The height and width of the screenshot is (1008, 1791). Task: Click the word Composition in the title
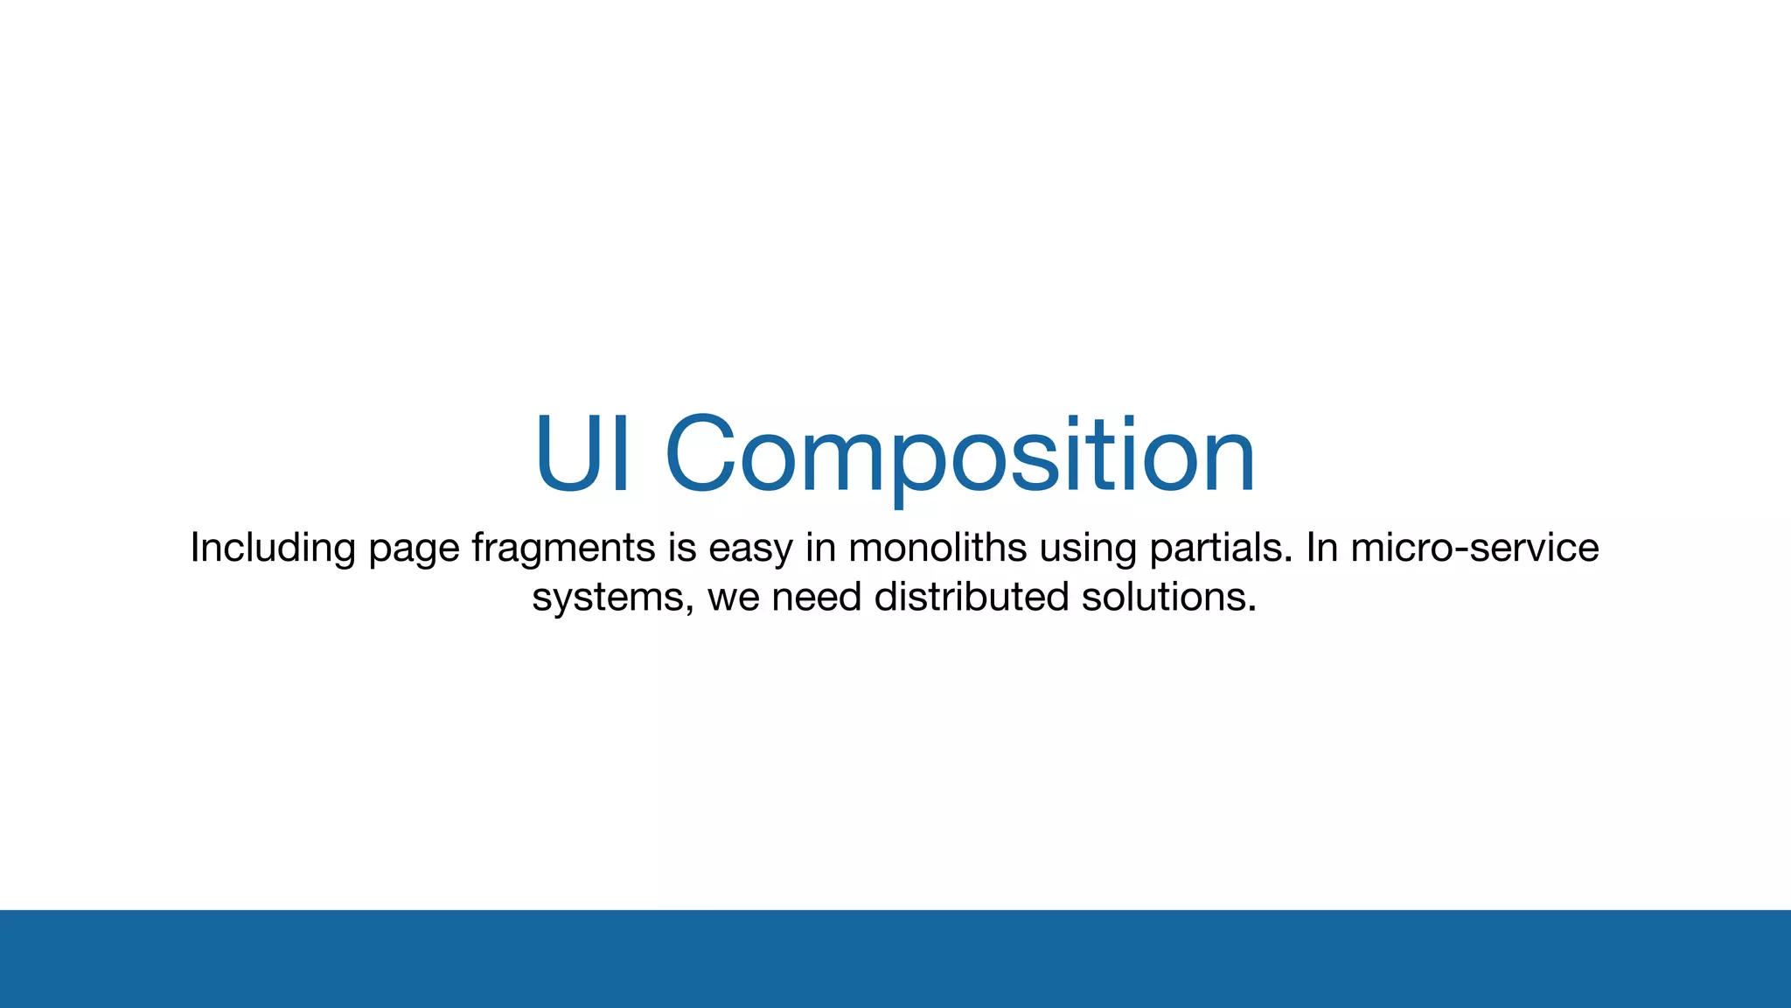coord(959,455)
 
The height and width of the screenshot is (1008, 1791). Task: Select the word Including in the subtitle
coord(272,549)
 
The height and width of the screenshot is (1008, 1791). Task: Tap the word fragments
coord(563,549)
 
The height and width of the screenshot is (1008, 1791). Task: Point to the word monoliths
coord(937,548)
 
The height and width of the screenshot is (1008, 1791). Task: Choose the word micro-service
coord(1474,548)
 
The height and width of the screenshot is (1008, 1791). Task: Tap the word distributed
coord(971,597)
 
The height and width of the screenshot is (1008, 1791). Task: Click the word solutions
coord(1168,597)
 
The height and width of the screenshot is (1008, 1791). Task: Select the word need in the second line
coord(817,597)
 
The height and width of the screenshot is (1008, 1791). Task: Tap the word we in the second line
coord(733,598)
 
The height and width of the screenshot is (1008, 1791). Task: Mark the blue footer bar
coord(895,959)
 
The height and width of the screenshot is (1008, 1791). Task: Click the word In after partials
coord(1322,548)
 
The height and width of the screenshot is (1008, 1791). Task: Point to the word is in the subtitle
coord(682,548)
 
